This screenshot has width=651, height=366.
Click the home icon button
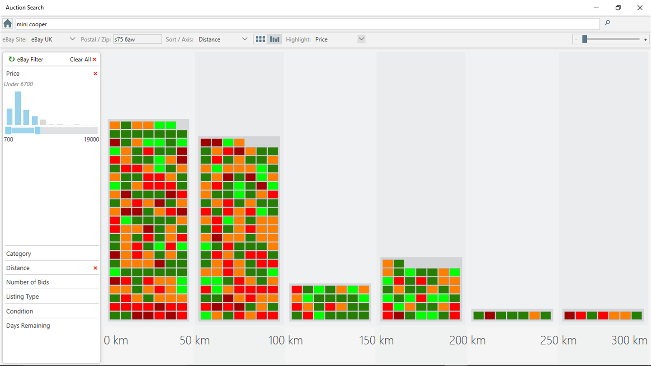(8, 23)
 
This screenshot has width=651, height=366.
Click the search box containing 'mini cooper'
(307, 24)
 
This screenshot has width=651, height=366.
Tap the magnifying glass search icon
(607, 23)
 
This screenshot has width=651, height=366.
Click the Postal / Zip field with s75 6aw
(137, 39)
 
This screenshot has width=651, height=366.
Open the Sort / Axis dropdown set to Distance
(223, 39)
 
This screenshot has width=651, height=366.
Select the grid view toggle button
(260, 39)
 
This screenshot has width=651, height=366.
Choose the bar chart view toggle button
(275, 39)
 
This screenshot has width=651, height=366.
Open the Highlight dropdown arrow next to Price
(361, 39)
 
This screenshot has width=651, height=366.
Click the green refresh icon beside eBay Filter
(12, 59)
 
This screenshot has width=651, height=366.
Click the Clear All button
(83, 59)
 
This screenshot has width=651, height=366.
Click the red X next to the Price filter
(95, 74)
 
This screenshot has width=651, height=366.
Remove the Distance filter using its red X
(95, 268)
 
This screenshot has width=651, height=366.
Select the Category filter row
(19, 253)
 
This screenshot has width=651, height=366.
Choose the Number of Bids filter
(28, 282)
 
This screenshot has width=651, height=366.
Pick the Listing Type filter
(23, 297)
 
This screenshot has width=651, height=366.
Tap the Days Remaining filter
(28, 326)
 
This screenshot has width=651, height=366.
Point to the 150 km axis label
(376, 340)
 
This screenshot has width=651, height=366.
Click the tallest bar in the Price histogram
(18, 108)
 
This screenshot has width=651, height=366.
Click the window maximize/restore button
(618, 8)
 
